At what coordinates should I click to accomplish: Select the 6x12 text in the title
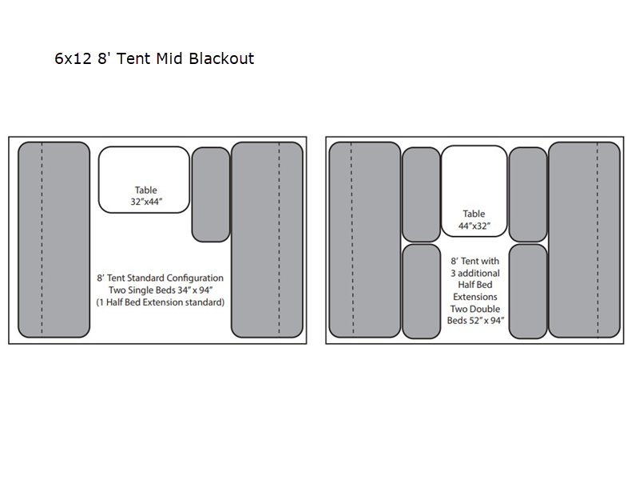tap(74, 58)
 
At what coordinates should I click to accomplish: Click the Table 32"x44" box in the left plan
tap(144, 179)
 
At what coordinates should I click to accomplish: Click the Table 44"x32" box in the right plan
tap(474, 191)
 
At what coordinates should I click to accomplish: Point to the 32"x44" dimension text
tap(146, 202)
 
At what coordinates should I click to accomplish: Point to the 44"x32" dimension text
tap(474, 226)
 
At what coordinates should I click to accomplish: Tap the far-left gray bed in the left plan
tap(54, 239)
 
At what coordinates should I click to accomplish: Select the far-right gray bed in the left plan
tap(267, 239)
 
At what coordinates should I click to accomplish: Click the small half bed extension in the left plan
tap(211, 194)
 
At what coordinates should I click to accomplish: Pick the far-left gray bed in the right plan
tap(364, 239)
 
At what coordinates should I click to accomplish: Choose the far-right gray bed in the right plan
tap(584, 239)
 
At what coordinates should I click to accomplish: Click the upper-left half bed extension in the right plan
tap(421, 194)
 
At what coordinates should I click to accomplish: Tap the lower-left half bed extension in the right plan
tap(421, 291)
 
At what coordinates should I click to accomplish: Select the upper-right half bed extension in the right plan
tap(528, 194)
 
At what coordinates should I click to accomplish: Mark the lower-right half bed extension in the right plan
tap(528, 291)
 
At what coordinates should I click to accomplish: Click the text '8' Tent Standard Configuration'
tap(160, 278)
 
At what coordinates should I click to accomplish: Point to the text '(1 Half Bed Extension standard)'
tap(160, 302)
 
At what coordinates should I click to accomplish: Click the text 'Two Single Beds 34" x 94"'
tap(160, 290)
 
